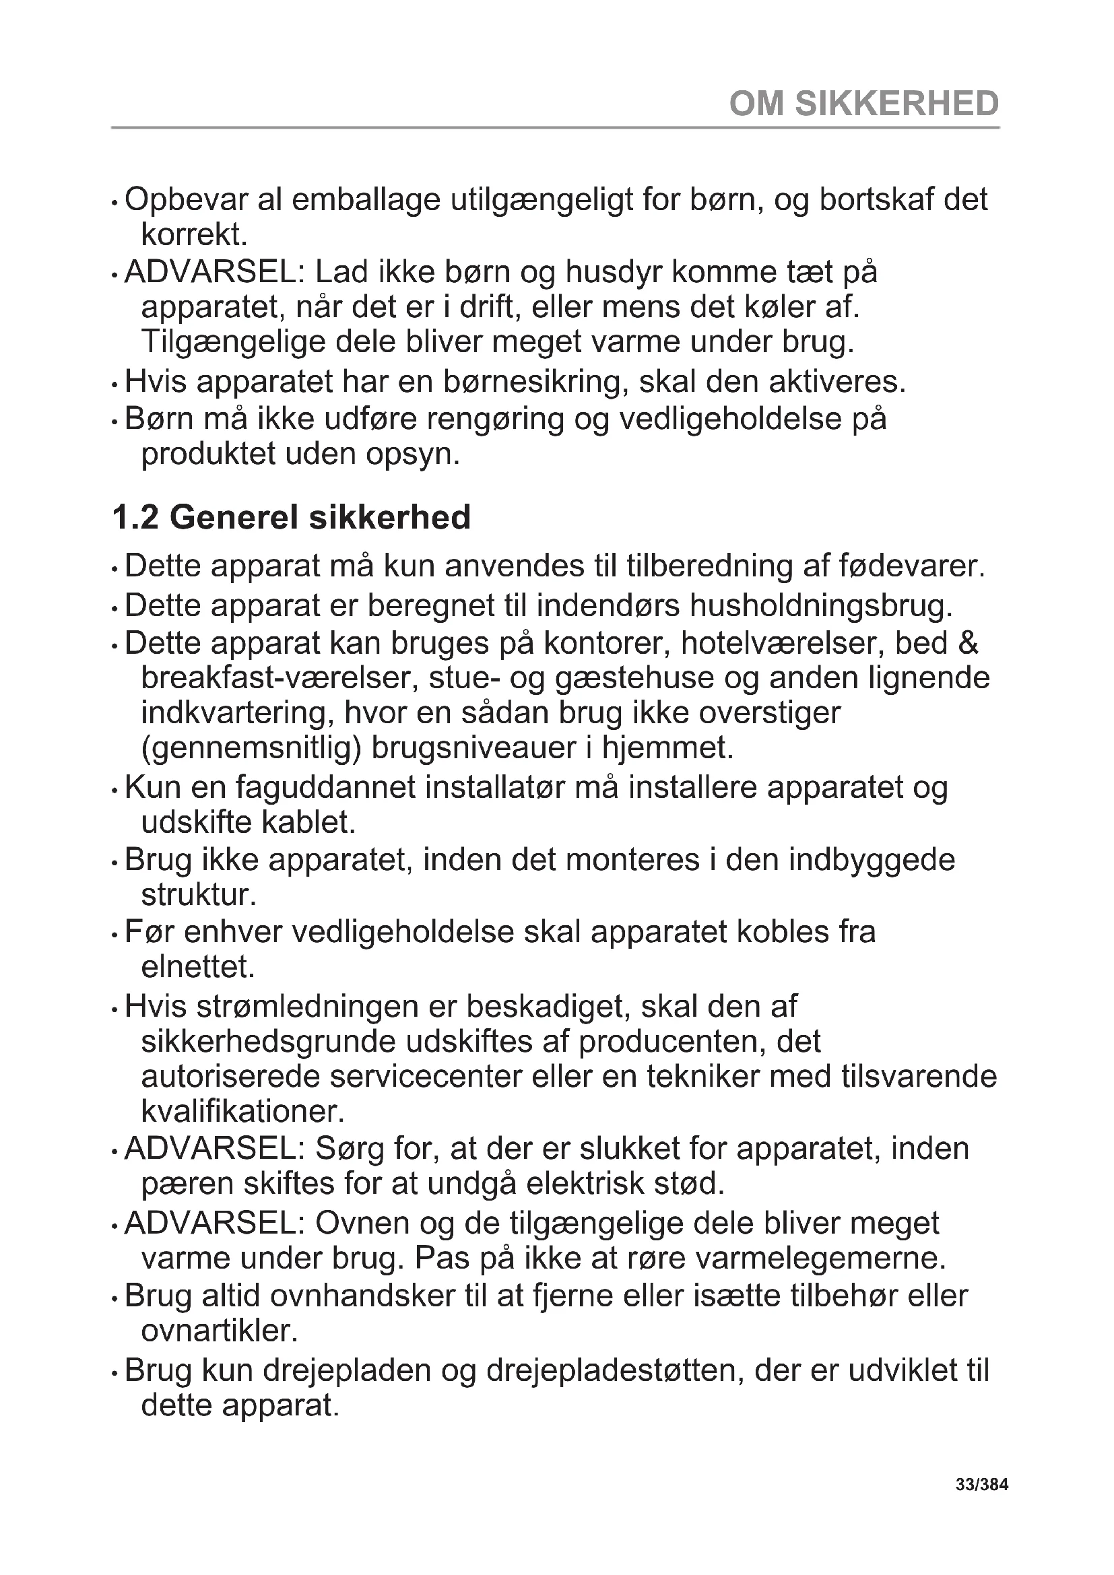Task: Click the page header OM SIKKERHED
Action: (863, 104)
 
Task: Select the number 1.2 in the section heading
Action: (135, 518)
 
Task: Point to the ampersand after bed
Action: (967, 643)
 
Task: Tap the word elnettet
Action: (198, 967)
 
